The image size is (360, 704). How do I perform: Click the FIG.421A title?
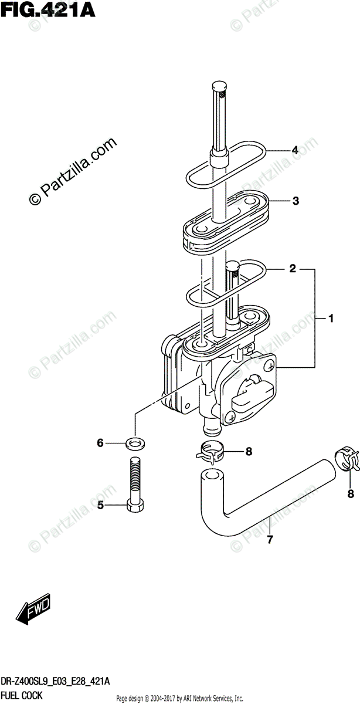46,10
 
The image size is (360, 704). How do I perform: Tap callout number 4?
295,150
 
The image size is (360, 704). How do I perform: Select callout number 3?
296,201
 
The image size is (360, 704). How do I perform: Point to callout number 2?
292,270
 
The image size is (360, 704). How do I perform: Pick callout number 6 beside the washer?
100,443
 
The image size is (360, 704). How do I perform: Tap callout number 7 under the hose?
270,540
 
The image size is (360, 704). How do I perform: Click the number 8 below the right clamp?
351,494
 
